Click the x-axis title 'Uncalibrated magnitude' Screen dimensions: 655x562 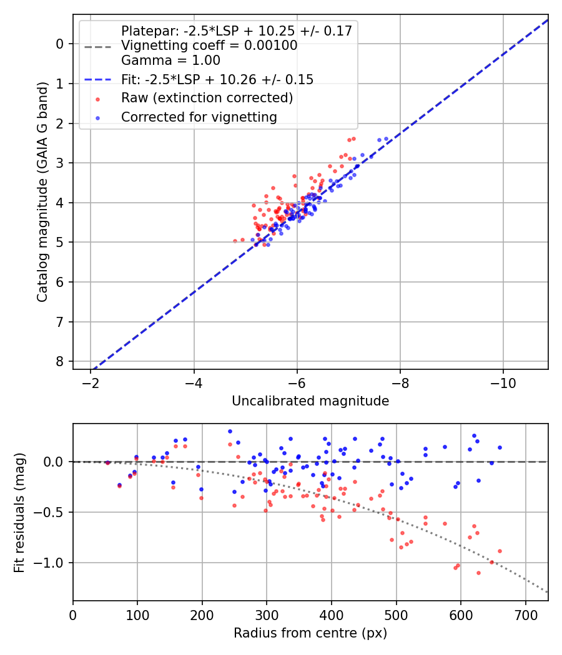pyautogui.click(x=310, y=401)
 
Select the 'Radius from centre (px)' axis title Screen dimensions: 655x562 pyautogui.click(x=310, y=633)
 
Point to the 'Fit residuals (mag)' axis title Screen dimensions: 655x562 pyautogui.click(x=19, y=512)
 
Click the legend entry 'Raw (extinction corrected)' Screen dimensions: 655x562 pyautogui.click(x=207, y=98)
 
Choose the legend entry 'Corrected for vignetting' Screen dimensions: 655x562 pyautogui.click(x=199, y=117)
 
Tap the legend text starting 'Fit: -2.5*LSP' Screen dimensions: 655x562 pyautogui.click(x=217, y=79)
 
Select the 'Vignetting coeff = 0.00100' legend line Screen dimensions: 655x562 pyautogui.click(x=209, y=46)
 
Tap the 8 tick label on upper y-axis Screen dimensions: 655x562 pyautogui.click(x=60, y=362)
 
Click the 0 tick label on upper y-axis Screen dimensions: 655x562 pyautogui.click(x=60, y=44)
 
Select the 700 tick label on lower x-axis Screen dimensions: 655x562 pyautogui.click(x=525, y=614)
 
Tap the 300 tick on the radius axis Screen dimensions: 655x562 pyautogui.click(x=267, y=614)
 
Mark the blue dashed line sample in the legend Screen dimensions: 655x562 pyautogui.click(x=97, y=79)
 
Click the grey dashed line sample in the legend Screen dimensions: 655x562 pyautogui.click(x=97, y=46)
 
